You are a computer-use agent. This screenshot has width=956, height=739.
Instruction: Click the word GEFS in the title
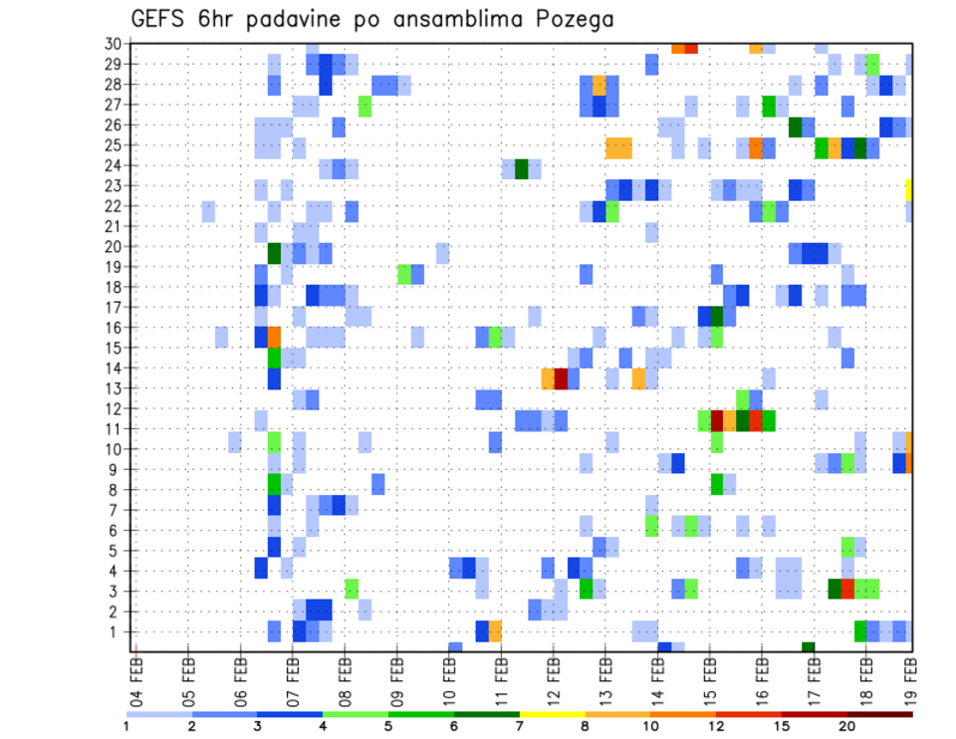160,20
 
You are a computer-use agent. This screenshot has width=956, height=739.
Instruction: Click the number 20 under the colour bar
846,726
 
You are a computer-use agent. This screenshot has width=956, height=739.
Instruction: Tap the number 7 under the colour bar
519,726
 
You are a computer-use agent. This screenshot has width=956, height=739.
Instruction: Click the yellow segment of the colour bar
552,714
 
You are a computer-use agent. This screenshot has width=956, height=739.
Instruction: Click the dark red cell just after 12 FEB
561,378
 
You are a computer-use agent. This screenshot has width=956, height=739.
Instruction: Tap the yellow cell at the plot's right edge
909,186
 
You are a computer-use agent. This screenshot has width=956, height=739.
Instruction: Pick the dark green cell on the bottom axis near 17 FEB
808,647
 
